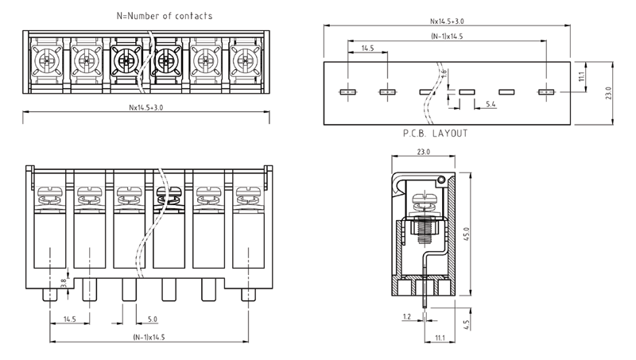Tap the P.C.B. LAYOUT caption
436,134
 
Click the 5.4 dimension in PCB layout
490,104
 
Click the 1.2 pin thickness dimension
407,316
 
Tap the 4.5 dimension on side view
467,324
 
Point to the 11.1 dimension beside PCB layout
582,76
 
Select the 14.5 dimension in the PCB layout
367,48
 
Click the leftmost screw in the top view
44,58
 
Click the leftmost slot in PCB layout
347,92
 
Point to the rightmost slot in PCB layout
545,92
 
